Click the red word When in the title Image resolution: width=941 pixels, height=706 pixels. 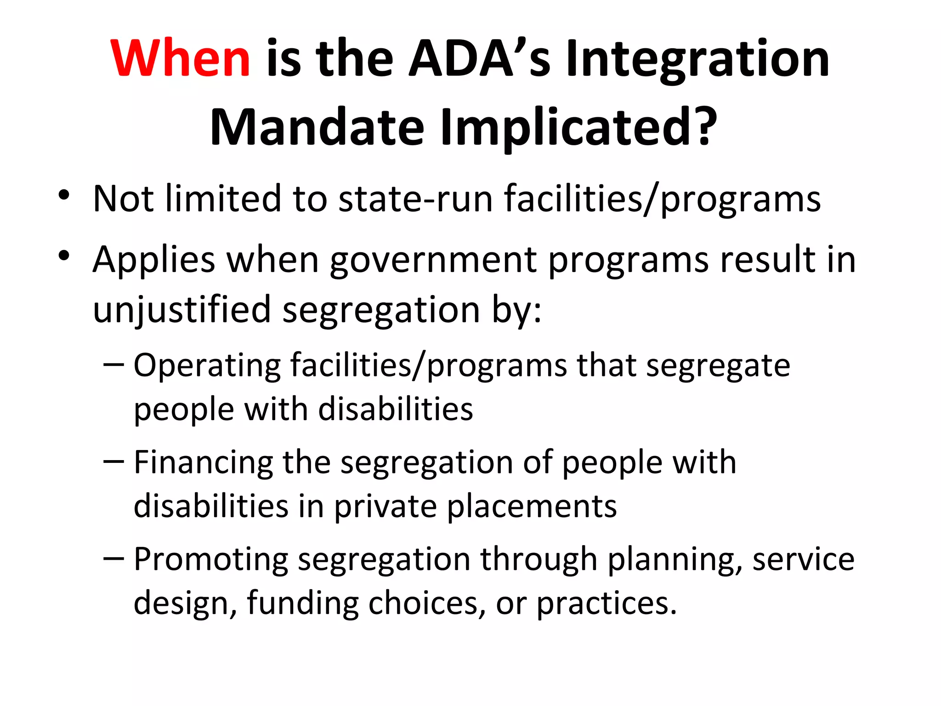click(180, 58)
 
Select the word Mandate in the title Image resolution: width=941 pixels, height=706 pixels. click(317, 127)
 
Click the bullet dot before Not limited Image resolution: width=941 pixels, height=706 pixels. click(64, 195)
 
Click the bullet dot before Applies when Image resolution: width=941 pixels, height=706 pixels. click(64, 256)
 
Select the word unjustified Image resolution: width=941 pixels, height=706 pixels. click(182, 310)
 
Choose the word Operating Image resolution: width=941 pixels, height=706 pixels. click(207, 366)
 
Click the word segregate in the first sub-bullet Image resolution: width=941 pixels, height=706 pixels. click(718, 367)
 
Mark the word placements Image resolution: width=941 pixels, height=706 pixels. click(532, 507)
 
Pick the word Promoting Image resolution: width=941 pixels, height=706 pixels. click(211, 560)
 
